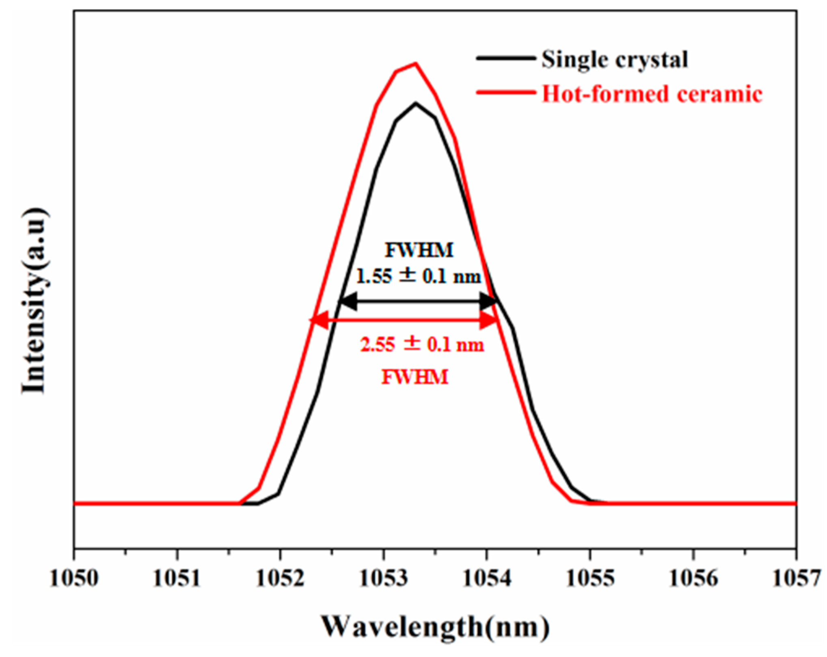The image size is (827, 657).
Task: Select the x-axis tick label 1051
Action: [x=177, y=578]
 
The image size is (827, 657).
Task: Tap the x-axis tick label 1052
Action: [x=280, y=578]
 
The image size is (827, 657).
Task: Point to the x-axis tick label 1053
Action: [x=383, y=578]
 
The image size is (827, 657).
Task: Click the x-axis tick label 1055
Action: [x=590, y=578]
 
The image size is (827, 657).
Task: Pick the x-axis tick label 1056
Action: [x=693, y=578]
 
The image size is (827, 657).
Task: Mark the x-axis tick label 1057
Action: [x=796, y=578]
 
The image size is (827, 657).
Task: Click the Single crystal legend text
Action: [x=614, y=60]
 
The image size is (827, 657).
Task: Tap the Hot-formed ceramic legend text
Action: [x=652, y=94]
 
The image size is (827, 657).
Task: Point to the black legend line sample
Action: [x=505, y=58]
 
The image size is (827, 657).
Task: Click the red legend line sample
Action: [x=505, y=92]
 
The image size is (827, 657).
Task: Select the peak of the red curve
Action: [x=415, y=63]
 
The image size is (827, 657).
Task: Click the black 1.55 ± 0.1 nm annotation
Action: [x=418, y=276]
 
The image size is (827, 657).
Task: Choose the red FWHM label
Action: [x=415, y=377]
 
